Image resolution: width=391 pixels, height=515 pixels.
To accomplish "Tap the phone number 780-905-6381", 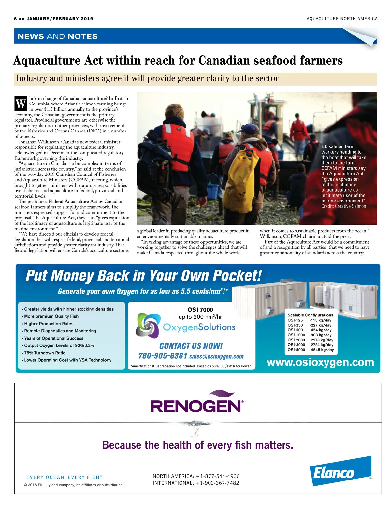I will coord(163,356).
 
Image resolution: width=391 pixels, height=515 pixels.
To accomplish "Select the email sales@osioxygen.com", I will coord(216,357).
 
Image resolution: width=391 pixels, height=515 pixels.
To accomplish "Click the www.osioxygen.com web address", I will coord(320,362).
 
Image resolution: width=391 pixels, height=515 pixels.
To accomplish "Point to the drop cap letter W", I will coord(21,104).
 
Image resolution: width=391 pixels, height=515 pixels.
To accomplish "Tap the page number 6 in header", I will coord(15,19).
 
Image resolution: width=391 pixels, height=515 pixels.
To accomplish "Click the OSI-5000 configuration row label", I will coord(296,350).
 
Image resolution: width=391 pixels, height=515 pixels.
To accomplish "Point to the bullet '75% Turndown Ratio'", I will coord(45,353).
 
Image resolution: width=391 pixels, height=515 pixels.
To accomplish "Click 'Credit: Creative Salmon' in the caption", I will coord(343,206).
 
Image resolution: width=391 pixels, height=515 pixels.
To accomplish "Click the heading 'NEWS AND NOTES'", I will coord(57,36).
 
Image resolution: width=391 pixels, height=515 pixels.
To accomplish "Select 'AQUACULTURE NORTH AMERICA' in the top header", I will coord(342,19).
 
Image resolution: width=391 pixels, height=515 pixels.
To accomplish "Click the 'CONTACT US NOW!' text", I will coord(191,346).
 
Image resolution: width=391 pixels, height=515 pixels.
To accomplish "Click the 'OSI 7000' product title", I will coord(200,310).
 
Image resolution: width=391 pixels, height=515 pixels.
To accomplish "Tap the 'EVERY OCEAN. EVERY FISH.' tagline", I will coord(64,477).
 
